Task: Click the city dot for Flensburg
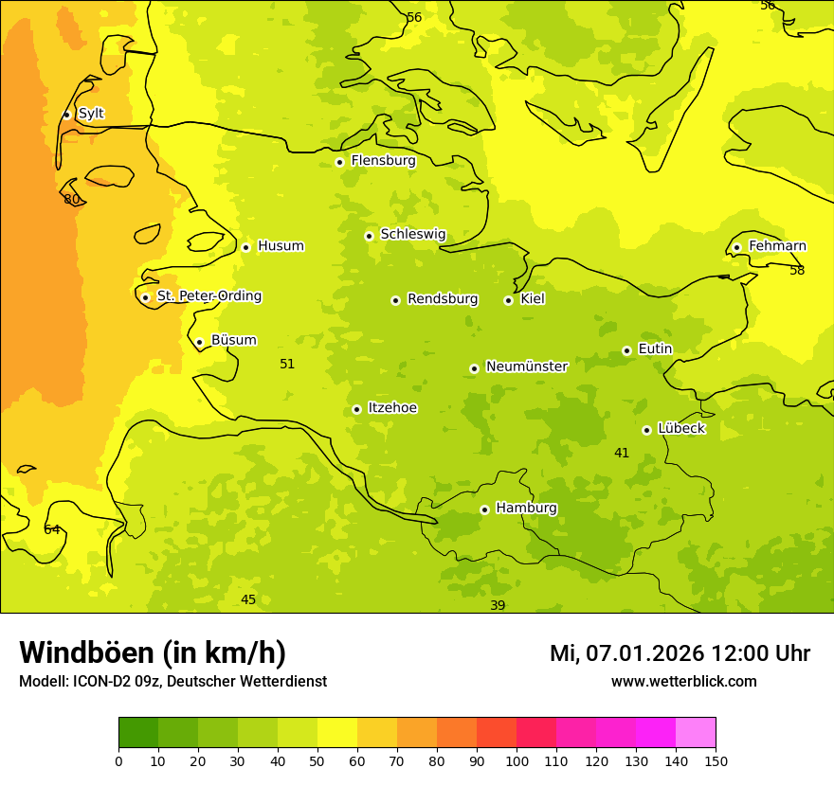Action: click(x=339, y=162)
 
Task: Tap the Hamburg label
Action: click(x=526, y=509)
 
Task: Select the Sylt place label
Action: click(x=91, y=114)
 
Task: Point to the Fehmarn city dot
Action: click(x=736, y=247)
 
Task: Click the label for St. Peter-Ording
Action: click(x=208, y=296)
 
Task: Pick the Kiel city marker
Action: click(x=508, y=300)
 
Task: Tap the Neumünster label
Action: click(x=526, y=366)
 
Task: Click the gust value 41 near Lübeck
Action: click(x=622, y=454)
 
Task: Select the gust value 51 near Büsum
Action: click(x=287, y=365)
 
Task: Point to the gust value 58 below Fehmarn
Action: click(x=797, y=271)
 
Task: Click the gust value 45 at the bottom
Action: click(x=248, y=600)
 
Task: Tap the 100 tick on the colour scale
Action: click(x=517, y=760)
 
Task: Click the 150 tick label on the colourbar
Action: click(x=716, y=760)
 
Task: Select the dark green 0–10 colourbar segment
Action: click(x=138, y=733)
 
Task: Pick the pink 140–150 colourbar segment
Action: click(x=696, y=733)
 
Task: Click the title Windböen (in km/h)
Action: click(x=153, y=652)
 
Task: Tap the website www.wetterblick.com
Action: click(x=683, y=682)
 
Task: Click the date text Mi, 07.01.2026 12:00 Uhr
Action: click(x=680, y=653)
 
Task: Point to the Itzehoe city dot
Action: click(x=356, y=409)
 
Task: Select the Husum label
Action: click(x=281, y=246)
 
